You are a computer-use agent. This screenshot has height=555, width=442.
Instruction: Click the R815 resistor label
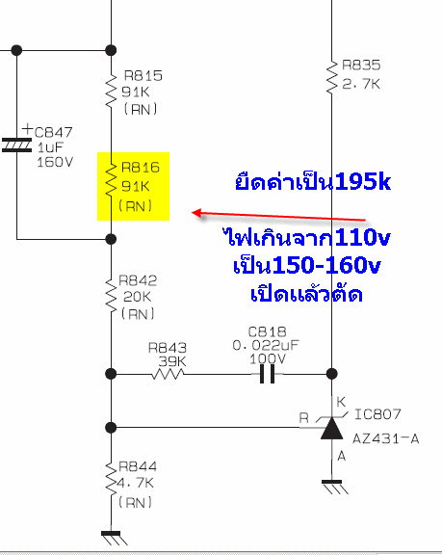pyautogui.click(x=143, y=76)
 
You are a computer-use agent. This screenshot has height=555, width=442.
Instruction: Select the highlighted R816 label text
pyautogui.click(x=141, y=168)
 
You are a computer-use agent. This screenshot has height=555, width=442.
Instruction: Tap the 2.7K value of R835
pyautogui.click(x=361, y=84)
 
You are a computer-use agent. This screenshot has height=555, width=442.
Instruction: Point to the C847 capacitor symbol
pyautogui.click(x=16, y=145)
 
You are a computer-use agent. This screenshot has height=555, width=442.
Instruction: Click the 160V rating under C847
pyautogui.click(x=55, y=162)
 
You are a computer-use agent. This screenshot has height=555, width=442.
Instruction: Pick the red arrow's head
pyautogui.click(x=196, y=213)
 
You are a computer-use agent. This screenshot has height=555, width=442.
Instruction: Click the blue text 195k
pyautogui.click(x=363, y=182)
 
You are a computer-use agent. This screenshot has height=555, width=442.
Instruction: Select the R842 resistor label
pyautogui.click(x=138, y=280)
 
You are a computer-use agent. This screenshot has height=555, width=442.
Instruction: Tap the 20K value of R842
pyautogui.click(x=137, y=297)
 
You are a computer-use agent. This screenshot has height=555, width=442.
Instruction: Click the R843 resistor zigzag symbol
pyautogui.click(x=168, y=374)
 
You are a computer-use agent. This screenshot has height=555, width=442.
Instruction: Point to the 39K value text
pyautogui.click(x=172, y=361)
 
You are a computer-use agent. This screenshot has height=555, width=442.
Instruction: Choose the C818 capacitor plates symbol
pyautogui.click(x=268, y=374)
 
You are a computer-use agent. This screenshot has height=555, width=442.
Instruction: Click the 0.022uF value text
pyautogui.click(x=266, y=345)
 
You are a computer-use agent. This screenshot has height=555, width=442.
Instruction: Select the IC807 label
pyautogui.click(x=377, y=414)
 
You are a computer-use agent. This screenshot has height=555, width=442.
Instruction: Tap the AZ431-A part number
pyautogui.click(x=386, y=439)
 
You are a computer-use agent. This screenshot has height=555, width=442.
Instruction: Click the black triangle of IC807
pyautogui.click(x=331, y=428)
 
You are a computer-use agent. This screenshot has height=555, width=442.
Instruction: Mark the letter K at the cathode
pyautogui.click(x=341, y=402)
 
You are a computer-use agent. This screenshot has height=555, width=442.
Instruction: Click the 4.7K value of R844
pyautogui.click(x=136, y=483)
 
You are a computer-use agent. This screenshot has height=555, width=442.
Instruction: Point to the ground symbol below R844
pyautogui.click(x=114, y=538)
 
